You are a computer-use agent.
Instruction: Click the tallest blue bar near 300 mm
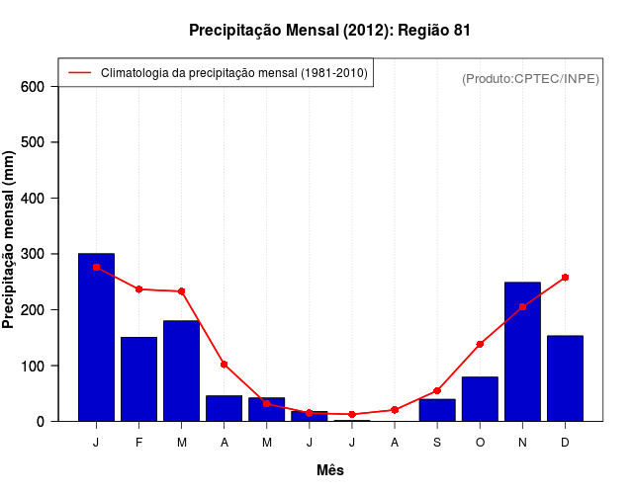[x=96, y=337]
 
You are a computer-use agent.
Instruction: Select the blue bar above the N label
[x=522, y=352]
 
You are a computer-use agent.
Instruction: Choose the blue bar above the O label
[x=480, y=399]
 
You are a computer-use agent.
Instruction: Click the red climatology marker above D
[x=565, y=278]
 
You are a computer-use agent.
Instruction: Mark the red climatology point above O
[x=480, y=344]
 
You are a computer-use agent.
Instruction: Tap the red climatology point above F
[x=138, y=289]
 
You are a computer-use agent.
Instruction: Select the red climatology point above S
[x=437, y=390]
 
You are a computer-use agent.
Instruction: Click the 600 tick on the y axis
[x=34, y=87]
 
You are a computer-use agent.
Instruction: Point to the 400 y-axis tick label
[x=34, y=199]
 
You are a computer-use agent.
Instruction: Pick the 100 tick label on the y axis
[x=34, y=366]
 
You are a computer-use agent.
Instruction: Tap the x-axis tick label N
[x=522, y=443]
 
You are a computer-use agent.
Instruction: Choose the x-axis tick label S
[x=437, y=443]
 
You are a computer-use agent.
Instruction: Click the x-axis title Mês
[x=330, y=470]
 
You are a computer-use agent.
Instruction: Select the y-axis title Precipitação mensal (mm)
[x=10, y=240]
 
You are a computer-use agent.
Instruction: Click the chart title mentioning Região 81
[x=329, y=31]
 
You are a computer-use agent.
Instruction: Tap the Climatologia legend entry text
[x=233, y=73]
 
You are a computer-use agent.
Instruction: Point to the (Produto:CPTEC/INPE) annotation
[x=530, y=78]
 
